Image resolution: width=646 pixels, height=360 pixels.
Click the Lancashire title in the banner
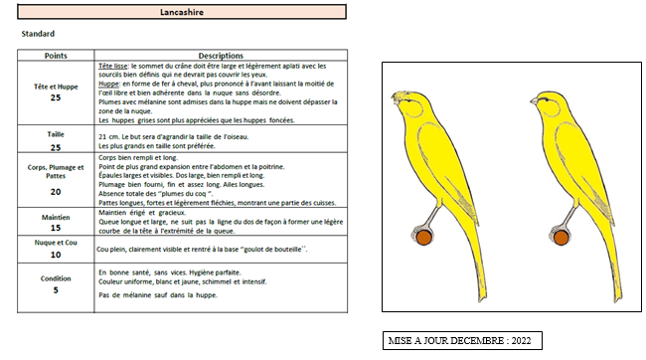[x=182, y=12]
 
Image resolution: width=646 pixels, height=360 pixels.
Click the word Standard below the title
[x=38, y=34]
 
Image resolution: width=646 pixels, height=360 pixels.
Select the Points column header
[x=56, y=56]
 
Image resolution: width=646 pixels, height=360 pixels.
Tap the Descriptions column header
[x=221, y=56]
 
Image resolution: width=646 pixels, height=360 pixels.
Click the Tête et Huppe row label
[x=56, y=87]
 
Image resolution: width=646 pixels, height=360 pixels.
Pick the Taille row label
[x=56, y=134]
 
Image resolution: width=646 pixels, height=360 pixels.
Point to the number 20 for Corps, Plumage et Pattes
[x=56, y=192]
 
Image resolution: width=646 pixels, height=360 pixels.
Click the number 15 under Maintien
[x=56, y=228]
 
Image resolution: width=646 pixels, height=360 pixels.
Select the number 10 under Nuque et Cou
[x=56, y=255]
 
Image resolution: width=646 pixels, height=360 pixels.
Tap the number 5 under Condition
[x=56, y=290]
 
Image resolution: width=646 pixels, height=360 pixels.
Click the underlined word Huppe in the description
[x=108, y=84]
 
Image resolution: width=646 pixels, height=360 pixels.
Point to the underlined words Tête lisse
[x=113, y=66]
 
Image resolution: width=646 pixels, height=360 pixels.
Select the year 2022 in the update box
[x=521, y=341]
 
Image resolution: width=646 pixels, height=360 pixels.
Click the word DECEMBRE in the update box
[x=477, y=341]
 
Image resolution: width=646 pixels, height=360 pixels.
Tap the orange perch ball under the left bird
[x=423, y=238]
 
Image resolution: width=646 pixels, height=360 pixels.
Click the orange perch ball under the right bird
[x=561, y=238]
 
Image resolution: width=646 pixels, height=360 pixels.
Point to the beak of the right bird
[x=534, y=101]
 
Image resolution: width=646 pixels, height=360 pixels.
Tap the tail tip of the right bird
[x=619, y=297]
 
